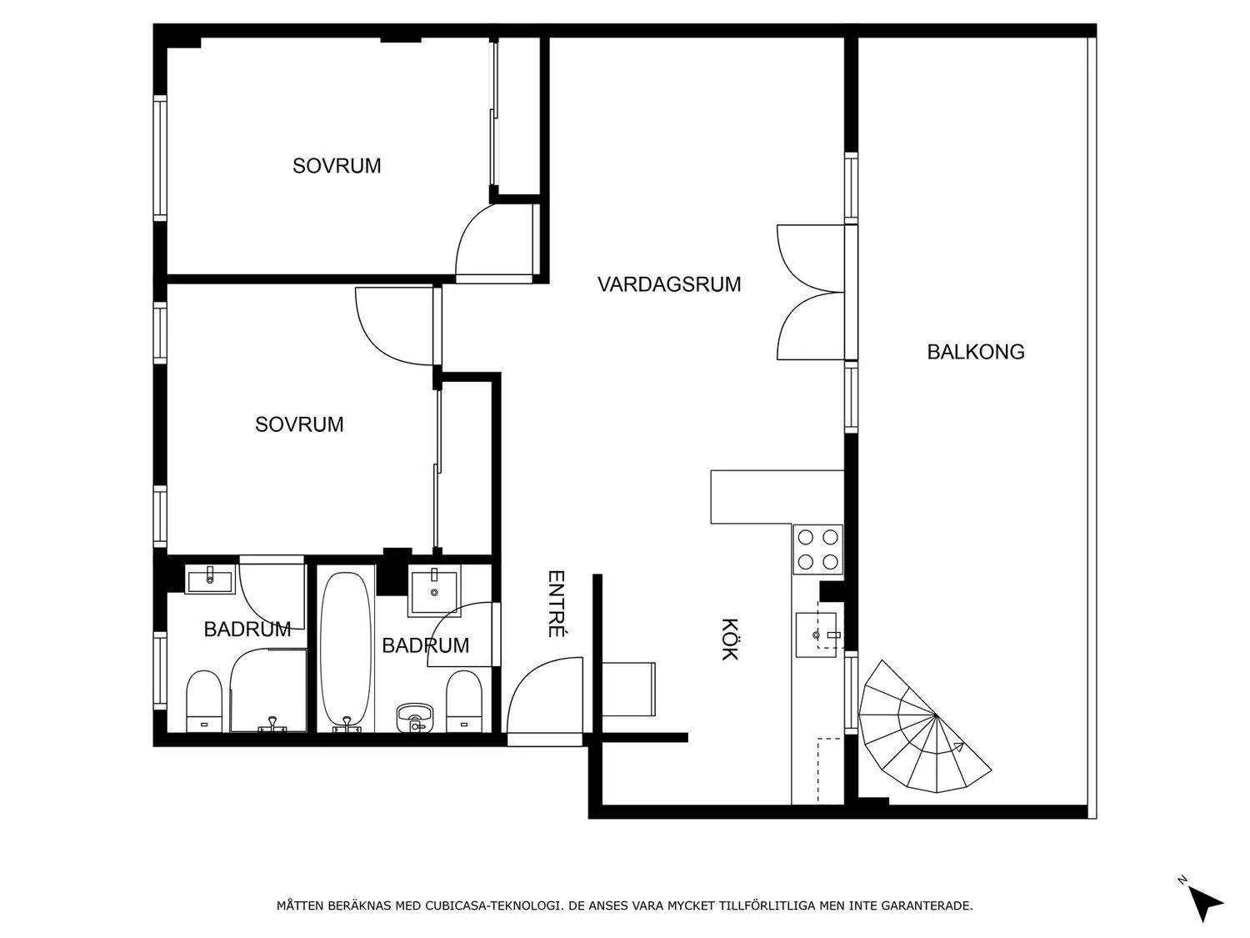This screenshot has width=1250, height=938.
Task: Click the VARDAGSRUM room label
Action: (x=668, y=284)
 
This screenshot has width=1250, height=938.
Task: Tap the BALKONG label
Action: (x=976, y=352)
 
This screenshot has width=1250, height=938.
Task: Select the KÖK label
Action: (x=729, y=639)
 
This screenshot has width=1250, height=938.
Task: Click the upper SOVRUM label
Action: (x=337, y=166)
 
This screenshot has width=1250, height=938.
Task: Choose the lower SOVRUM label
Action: (x=299, y=424)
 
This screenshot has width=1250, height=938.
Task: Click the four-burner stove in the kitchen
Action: (x=817, y=549)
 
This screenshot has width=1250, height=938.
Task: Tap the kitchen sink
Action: (x=816, y=635)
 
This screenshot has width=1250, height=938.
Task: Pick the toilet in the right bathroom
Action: (x=463, y=701)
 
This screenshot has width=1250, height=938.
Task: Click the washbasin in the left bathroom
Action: (x=210, y=579)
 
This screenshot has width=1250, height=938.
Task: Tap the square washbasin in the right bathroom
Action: (x=434, y=593)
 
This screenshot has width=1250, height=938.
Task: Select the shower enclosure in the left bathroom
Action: (x=268, y=690)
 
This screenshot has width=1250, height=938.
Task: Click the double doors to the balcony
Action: (x=811, y=292)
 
